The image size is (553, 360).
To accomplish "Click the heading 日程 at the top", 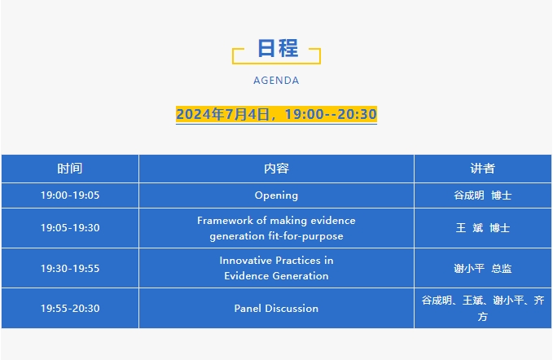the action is (x=278, y=48).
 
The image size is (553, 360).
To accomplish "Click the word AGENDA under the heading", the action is (x=276, y=81).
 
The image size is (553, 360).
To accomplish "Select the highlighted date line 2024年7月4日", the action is (x=277, y=114).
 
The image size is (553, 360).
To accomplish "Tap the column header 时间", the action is (x=70, y=169).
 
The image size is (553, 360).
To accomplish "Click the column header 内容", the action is (x=277, y=169).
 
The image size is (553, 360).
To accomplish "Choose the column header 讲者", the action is (x=482, y=169).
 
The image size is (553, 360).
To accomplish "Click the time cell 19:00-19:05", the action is (x=70, y=195).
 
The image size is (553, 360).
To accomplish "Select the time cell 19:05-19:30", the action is (x=70, y=228).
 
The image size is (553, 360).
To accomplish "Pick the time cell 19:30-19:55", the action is (x=70, y=268).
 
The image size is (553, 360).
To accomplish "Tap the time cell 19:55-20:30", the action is (x=70, y=309).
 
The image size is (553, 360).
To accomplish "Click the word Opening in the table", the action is (x=277, y=195).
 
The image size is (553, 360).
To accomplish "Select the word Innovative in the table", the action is (x=245, y=261).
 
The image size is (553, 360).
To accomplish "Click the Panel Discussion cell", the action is (x=277, y=309).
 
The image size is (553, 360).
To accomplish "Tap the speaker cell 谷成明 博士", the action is (x=482, y=195).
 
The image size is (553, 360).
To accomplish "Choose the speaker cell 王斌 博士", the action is (x=482, y=228).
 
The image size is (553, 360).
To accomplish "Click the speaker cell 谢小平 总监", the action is (x=482, y=269).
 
